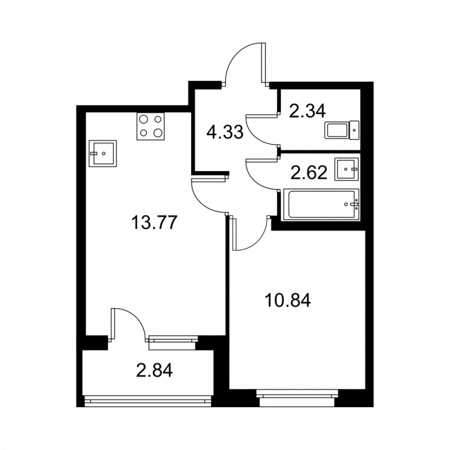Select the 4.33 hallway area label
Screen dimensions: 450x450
click(x=224, y=133)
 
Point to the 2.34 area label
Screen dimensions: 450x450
click(x=307, y=111)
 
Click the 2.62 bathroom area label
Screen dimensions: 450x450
click(x=309, y=172)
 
